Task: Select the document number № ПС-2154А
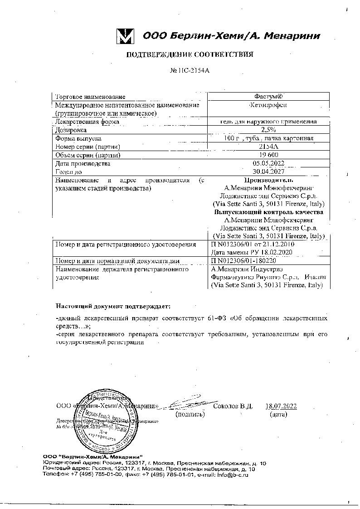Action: coord(190,71)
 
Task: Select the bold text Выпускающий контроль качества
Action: coord(269,212)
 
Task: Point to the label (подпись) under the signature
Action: coord(190,414)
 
